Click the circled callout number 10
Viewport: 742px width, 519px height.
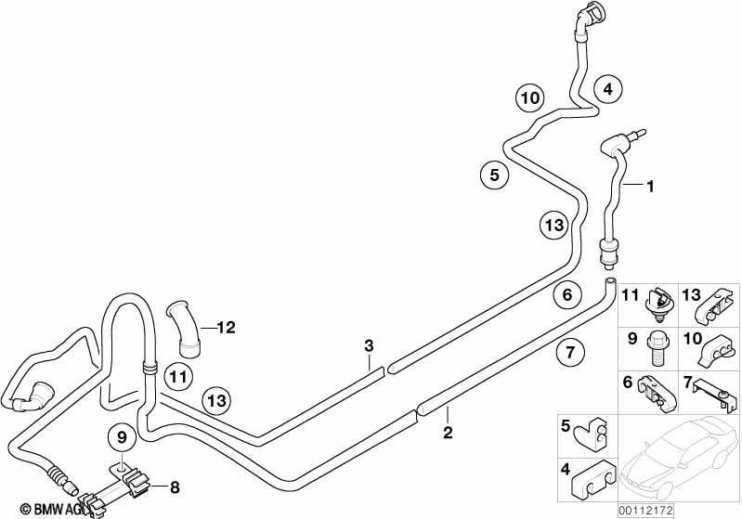click(530, 98)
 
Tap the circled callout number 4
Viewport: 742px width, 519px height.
click(608, 89)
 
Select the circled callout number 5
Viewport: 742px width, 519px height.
click(494, 175)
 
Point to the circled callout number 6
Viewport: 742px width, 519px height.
click(567, 294)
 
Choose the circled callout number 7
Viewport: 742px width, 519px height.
click(570, 352)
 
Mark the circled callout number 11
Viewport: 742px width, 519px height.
click(178, 377)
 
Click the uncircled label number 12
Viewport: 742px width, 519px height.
click(227, 328)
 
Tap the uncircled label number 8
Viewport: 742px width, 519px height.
click(175, 487)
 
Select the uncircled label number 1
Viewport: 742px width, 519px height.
click(651, 187)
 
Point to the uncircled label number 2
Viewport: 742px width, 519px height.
click(448, 432)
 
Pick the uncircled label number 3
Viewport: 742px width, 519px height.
click(369, 345)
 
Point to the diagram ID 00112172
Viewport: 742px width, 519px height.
click(645, 510)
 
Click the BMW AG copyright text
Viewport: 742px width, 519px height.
click(52, 509)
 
